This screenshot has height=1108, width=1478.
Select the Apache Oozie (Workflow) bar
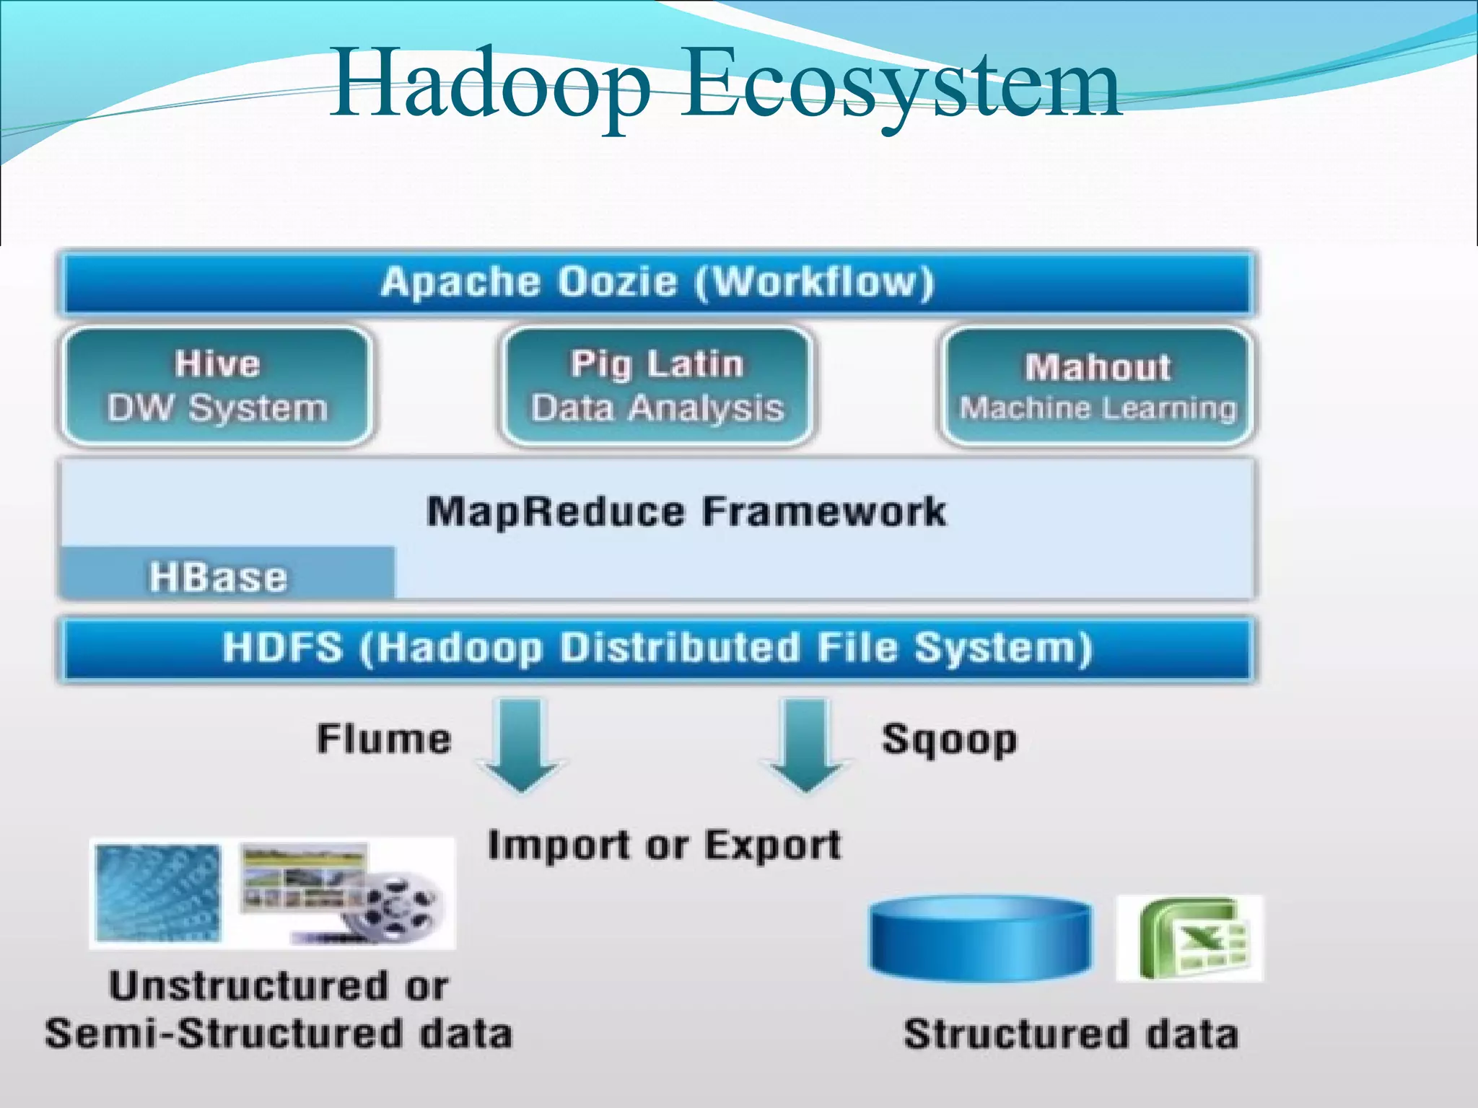[x=657, y=282]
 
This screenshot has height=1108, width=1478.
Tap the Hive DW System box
[x=217, y=385]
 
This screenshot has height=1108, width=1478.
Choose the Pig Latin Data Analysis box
[x=657, y=385]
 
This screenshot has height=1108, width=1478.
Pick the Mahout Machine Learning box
[x=1097, y=387]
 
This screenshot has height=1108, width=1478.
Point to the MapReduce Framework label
[x=686, y=511]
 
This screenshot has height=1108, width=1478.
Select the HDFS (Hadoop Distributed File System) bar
[x=657, y=648]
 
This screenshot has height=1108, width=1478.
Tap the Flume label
[x=384, y=739]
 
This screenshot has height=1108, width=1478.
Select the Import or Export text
[x=664, y=845]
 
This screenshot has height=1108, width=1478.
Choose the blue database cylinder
[x=981, y=937]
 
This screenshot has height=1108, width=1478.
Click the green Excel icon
[x=1191, y=938]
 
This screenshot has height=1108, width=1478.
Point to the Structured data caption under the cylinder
[x=1071, y=1034]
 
